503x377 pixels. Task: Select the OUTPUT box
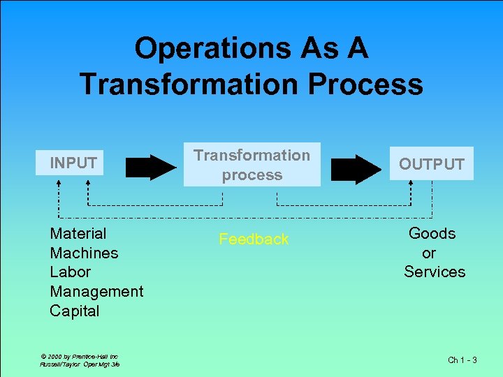coord(431,164)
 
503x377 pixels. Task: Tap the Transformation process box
coord(251,165)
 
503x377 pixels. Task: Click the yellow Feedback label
coord(253,239)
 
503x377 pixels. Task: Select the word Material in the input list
coord(78,234)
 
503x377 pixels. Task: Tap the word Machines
coord(84,253)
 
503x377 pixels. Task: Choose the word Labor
coord(70,272)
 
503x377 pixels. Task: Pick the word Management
coord(96,292)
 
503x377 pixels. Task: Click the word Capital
coord(75,311)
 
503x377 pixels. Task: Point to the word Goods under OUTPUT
coord(432,234)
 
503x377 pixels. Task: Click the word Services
coord(434,272)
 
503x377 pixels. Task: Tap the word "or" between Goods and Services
coord(429,253)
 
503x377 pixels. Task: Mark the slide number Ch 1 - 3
coord(462,360)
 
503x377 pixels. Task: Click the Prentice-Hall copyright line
coord(74,356)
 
